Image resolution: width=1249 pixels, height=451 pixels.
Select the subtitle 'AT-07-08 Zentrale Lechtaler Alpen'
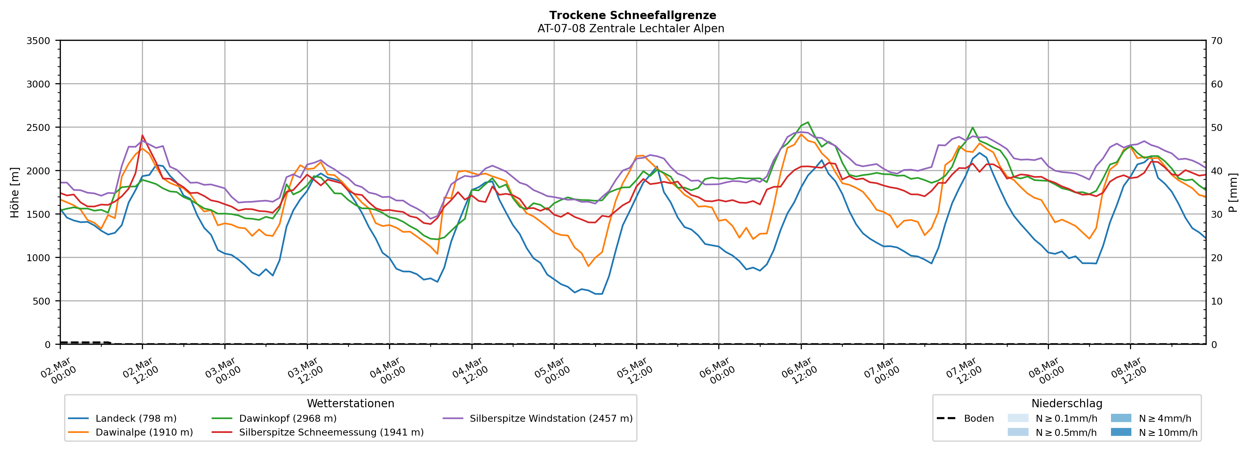tap(630, 29)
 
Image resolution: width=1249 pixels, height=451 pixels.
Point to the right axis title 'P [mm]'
tap(1233, 193)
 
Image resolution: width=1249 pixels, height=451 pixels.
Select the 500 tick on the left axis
tap(41, 301)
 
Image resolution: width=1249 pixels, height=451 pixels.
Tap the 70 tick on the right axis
tap(1216, 41)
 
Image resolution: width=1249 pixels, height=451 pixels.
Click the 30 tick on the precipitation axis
tap(1216, 214)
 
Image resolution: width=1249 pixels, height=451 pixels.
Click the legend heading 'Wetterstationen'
tap(351, 403)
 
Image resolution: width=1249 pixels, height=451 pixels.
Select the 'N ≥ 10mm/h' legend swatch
tap(1121, 432)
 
